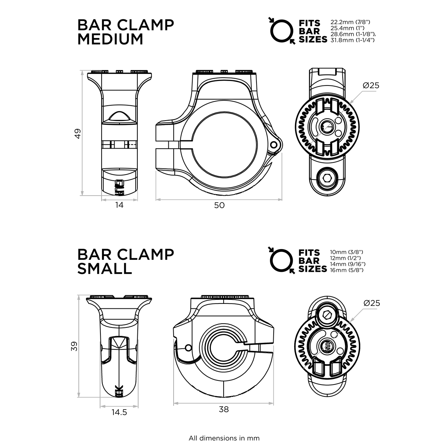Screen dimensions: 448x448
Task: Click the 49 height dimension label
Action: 78,133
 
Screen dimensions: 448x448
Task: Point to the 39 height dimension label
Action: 75,346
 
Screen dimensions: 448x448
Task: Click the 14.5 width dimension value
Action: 119,412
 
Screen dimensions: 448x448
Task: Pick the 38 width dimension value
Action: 224,409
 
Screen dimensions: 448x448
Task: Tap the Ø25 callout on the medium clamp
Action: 370,85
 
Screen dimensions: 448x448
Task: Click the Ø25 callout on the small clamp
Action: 371,303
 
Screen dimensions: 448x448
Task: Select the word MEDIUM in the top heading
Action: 110,39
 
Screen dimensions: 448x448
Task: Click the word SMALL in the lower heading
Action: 105,268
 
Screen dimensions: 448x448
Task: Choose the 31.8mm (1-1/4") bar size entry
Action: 352,39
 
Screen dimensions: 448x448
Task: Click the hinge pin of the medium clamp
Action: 275,144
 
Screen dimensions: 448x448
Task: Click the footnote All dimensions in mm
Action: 224,438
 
